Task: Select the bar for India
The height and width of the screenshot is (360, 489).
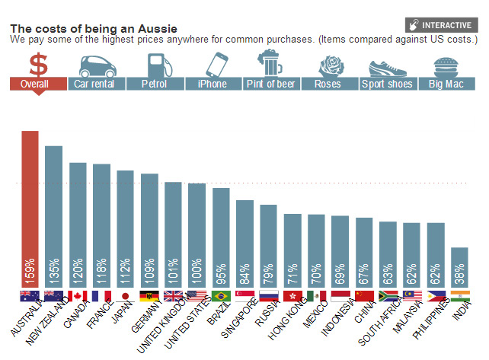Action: tap(459, 266)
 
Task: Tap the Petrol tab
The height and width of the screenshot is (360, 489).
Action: tap(155, 84)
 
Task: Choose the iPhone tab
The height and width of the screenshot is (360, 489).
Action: tap(212, 84)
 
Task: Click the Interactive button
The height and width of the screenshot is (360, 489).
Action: tap(443, 24)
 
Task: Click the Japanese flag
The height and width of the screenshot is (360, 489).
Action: tap(126, 296)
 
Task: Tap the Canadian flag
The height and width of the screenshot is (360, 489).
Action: tap(78, 296)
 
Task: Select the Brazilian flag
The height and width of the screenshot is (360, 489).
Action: tap(221, 296)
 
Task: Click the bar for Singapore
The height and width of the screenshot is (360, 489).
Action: tap(244, 244)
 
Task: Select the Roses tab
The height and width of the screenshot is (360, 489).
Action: tap(328, 84)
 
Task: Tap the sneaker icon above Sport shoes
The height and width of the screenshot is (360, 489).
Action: tap(386, 65)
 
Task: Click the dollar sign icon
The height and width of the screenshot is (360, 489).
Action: tap(38, 64)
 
